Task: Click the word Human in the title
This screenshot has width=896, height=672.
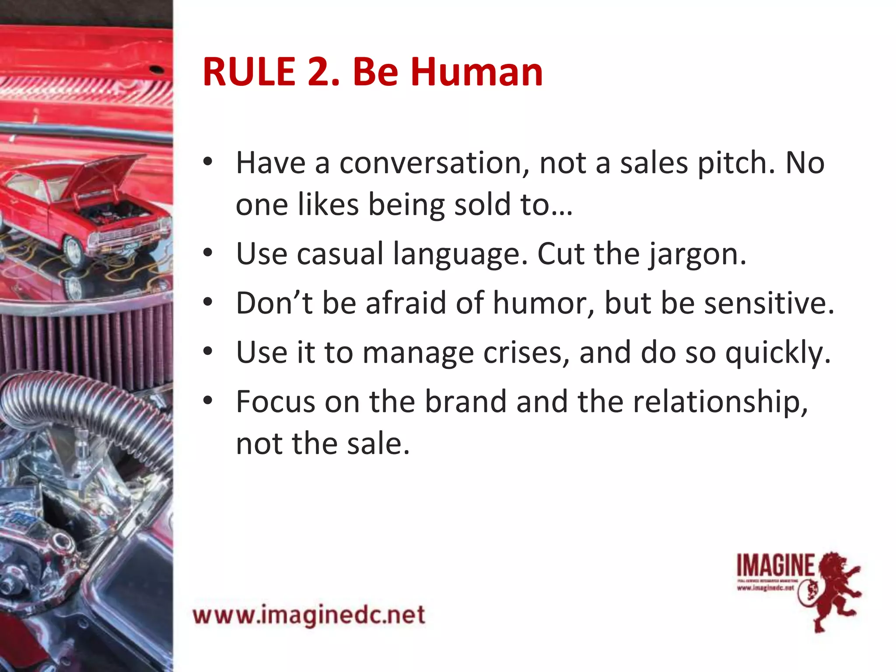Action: [476, 72]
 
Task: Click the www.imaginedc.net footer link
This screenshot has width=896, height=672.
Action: [309, 615]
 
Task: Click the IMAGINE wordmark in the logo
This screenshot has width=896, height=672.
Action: [775, 565]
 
